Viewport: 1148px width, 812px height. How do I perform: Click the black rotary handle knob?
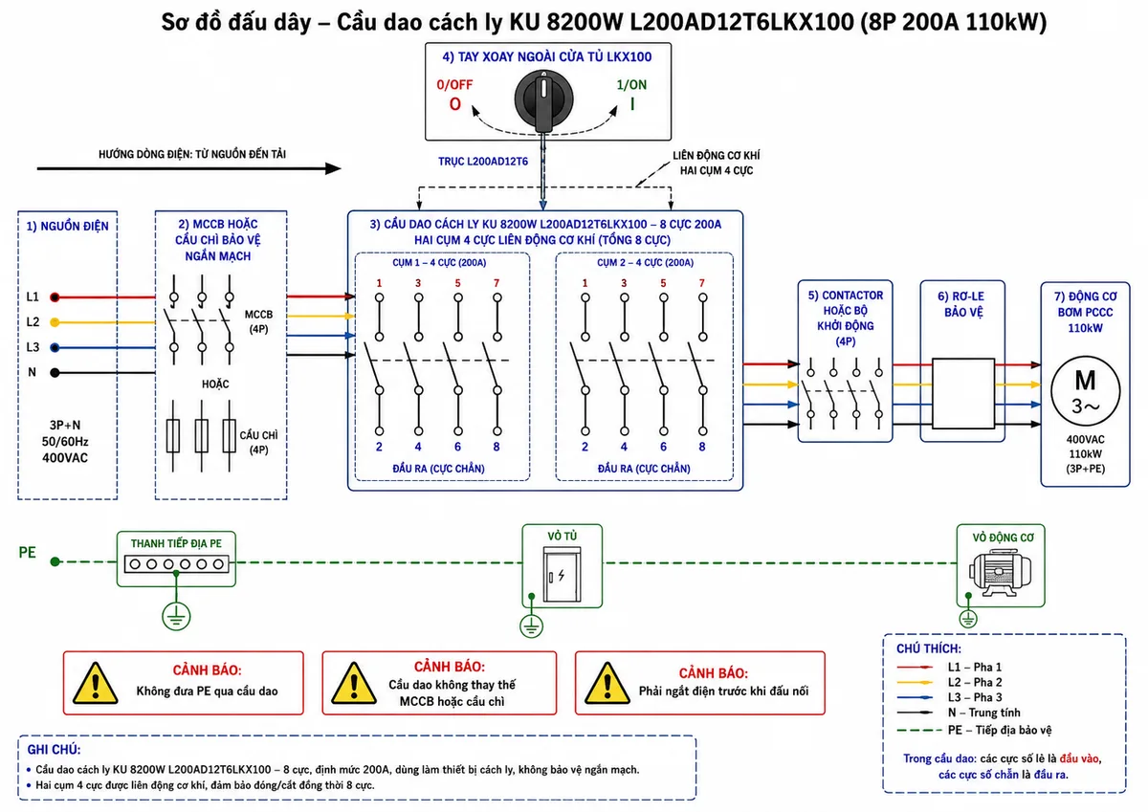tap(543, 99)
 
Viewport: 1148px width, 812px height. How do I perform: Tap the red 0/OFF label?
tap(454, 84)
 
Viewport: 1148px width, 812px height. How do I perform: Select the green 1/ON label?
tap(631, 84)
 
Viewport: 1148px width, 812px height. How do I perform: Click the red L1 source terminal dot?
tap(55, 296)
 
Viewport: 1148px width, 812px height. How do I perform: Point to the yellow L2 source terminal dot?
tap(55, 322)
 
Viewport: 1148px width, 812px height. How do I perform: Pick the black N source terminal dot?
tap(55, 372)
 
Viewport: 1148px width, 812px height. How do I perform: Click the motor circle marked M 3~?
tap(1085, 391)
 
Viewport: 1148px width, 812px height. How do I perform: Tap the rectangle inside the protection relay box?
tap(963, 393)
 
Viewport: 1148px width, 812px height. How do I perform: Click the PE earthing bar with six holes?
tap(176, 564)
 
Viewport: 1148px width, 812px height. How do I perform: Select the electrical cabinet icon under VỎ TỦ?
tap(562, 574)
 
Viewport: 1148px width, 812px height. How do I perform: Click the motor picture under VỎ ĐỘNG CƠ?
tap(1000, 573)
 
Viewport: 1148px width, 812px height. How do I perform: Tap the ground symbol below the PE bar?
tap(176, 616)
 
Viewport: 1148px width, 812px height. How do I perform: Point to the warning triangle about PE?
tap(96, 684)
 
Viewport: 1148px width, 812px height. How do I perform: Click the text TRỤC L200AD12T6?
tap(483, 162)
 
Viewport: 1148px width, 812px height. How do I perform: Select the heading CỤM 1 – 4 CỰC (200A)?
tap(439, 263)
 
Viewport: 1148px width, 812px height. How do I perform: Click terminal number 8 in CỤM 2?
tap(701, 447)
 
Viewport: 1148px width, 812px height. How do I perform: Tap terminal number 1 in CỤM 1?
tap(379, 283)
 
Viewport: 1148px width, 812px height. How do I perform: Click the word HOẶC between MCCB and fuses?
tap(215, 384)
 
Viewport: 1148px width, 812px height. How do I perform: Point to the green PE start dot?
tap(55, 562)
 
